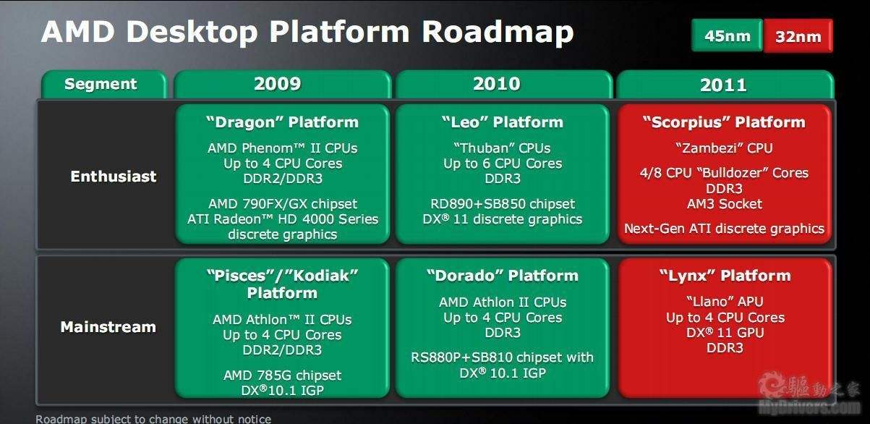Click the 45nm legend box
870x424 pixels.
[x=727, y=35]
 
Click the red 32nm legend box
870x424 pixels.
[x=798, y=35]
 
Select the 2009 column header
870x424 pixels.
[x=282, y=85]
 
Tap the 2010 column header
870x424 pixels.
[x=504, y=85]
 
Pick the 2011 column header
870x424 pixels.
[x=725, y=85]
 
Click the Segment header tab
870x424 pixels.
[x=104, y=85]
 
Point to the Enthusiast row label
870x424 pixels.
[x=114, y=177]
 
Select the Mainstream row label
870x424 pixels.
[x=108, y=327]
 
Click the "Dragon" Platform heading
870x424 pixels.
[x=282, y=122]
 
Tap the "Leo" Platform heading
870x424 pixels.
[x=503, y=122]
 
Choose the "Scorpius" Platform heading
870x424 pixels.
[x=724, y=122]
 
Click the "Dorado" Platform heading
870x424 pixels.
[x=503, y=276]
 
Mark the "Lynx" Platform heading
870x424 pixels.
[x=725, y=276]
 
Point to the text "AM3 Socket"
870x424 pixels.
[x=725, y=204]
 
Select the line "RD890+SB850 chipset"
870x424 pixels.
[x=503, y=203]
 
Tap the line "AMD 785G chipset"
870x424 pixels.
[x=282, y=376]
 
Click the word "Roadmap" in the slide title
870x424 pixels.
[x=498, y=32]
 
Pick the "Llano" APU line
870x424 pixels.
[x=725, y=302]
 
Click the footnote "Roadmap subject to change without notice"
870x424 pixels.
[x=153, y=419]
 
